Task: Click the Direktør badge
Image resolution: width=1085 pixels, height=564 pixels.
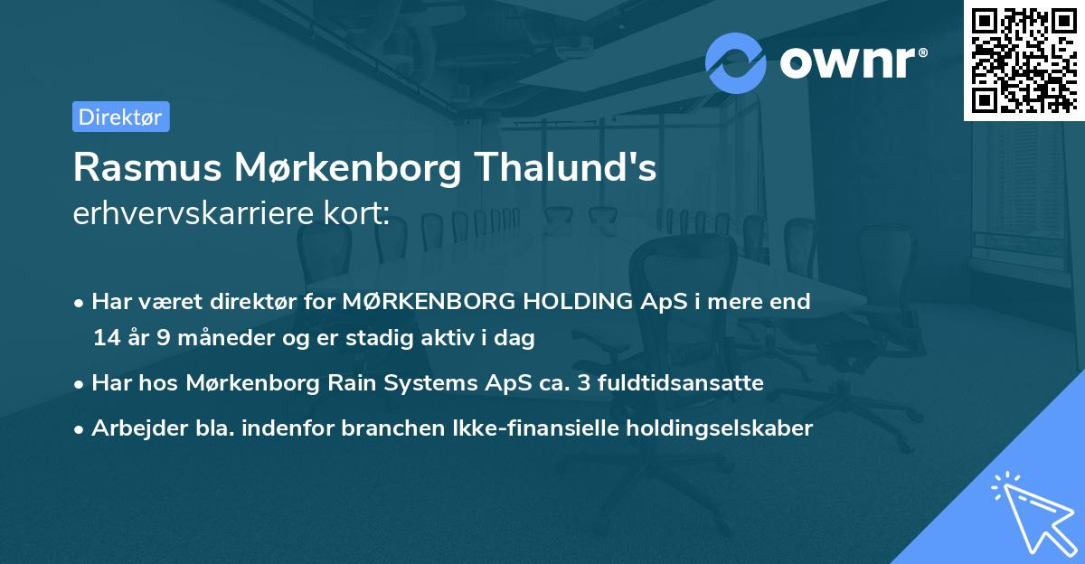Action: click(x=120, y=117)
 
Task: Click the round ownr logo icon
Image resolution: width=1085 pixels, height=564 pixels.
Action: click(x=736, y=62)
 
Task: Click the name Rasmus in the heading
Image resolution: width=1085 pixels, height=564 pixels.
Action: click(x=141, y=168)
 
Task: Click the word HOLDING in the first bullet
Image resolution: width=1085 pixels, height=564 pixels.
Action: click(x=573, y=302)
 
